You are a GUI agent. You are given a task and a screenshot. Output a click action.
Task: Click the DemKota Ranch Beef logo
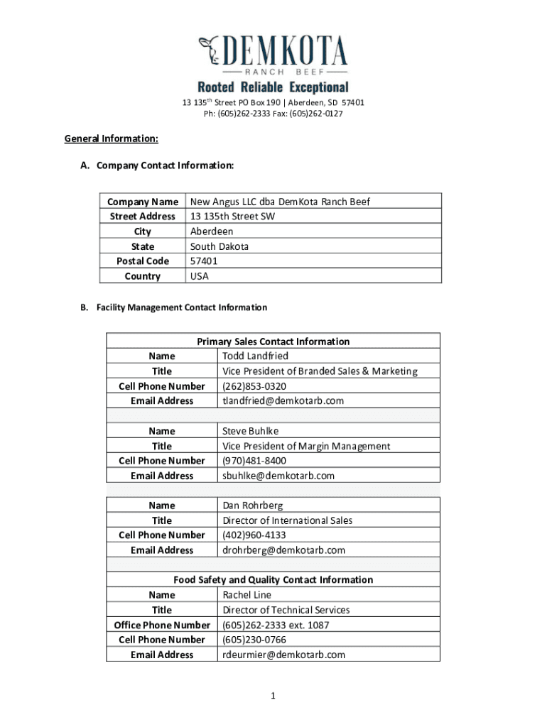273,55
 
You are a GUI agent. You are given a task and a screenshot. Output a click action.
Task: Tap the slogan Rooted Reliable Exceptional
273,87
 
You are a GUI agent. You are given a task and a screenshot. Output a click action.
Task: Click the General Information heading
111,138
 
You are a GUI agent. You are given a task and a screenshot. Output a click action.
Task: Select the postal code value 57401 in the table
204,261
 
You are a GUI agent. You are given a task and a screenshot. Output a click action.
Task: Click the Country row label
143,276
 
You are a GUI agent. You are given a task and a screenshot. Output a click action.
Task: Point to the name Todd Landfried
256,356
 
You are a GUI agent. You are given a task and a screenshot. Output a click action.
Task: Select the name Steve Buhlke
251,431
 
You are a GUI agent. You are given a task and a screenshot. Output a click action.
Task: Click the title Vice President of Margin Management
306,446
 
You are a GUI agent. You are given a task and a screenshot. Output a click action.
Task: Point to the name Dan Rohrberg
253,505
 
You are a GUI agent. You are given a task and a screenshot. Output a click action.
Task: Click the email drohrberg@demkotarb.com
284,550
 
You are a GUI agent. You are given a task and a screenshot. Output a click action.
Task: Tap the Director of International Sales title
288,520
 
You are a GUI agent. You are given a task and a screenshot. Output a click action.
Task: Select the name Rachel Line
247,595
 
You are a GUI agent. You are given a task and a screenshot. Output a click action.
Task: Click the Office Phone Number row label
162,625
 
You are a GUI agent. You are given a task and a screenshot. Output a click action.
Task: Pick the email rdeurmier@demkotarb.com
284,655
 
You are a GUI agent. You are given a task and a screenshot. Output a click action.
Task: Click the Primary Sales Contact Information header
273,341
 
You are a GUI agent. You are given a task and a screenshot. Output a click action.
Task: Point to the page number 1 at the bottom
273,696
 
